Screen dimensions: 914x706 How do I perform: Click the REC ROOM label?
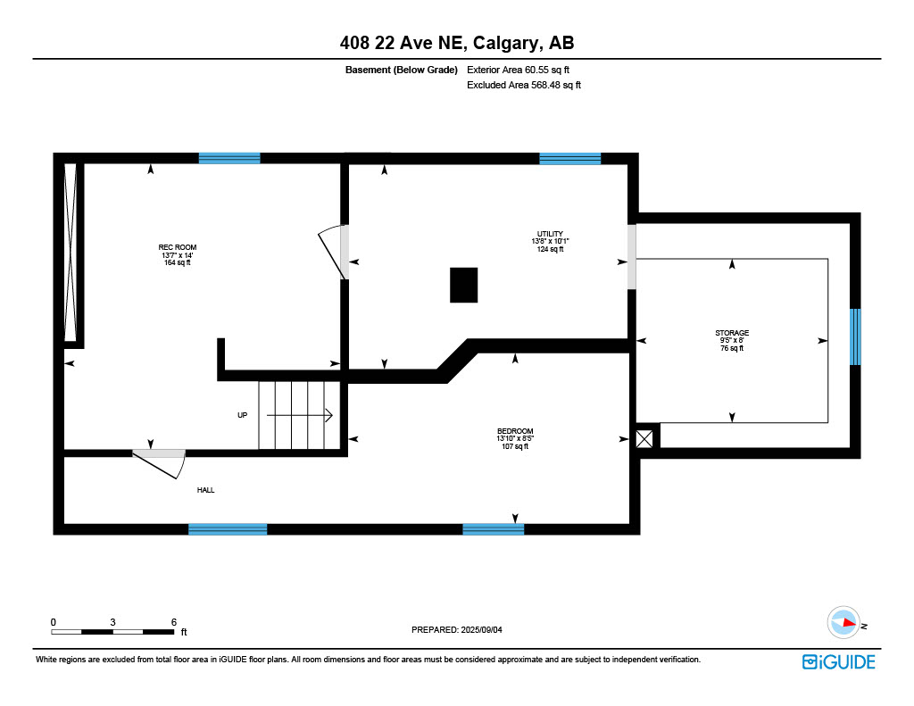(178, 247)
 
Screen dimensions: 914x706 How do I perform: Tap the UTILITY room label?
(550, 234)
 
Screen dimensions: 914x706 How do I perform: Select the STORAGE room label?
(732, 333)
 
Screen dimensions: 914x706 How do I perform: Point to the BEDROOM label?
(515, 431)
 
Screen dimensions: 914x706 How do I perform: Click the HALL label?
(206, 490)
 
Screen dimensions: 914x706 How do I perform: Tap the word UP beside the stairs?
(243, 415)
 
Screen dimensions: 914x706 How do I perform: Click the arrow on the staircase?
(300, 415)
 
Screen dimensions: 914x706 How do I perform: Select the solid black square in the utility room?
(464, 285)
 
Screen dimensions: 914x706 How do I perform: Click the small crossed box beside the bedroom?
(644, 439)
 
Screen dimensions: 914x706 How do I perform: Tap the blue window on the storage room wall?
(855, 337)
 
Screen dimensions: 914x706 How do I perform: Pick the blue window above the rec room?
(229, 158)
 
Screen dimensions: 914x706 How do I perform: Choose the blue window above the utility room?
(570, 158)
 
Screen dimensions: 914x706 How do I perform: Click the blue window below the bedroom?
(493, 529)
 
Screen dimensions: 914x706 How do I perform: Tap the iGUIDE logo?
(839, 662)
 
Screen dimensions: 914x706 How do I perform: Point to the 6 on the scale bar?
(174, 622)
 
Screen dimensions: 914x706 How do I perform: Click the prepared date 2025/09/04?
(481, 629)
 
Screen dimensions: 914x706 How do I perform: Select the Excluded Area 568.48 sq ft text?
(524, 85)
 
